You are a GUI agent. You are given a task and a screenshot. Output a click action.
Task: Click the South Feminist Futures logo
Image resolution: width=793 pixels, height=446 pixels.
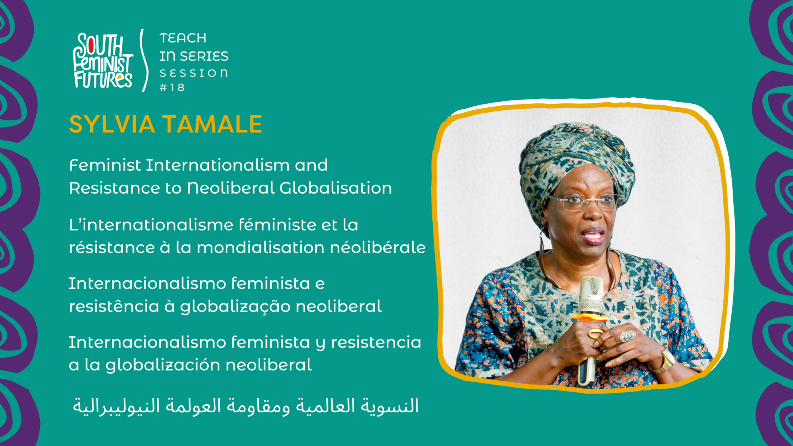[x=103, y=61]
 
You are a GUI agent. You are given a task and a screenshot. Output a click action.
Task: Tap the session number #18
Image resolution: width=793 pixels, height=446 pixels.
[x=172, y=87]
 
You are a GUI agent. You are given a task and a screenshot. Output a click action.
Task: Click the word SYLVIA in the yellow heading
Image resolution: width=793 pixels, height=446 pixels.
[x=112, y=124]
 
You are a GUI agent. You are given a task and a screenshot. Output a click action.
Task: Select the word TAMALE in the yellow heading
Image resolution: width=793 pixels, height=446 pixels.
[x=212, y=124]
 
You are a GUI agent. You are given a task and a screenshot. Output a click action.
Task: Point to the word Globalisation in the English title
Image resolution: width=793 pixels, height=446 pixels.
[x=336, y=188]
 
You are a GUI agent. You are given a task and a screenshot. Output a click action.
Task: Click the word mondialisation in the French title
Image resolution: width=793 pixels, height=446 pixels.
[x=261, y=247]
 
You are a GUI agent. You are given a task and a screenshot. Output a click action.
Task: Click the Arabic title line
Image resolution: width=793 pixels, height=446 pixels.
[x=246, y=407]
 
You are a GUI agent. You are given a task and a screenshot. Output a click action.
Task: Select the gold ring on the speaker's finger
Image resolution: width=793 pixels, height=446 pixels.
[x=595, y=333]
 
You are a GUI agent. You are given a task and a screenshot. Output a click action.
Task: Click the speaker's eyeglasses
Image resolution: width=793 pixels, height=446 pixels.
[x=585, y=202]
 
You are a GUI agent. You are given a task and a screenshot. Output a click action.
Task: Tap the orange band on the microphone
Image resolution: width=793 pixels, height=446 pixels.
[x=590, y=318]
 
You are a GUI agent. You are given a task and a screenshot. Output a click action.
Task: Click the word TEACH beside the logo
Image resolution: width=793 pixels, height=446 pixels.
[x=183, y=38]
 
